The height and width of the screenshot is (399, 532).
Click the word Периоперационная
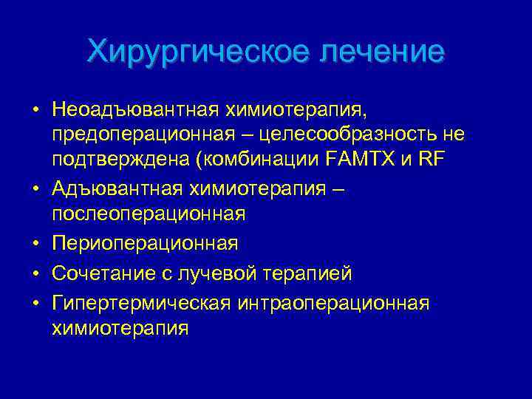tap(145, 243)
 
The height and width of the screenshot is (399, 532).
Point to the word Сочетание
tap(99, 274)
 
